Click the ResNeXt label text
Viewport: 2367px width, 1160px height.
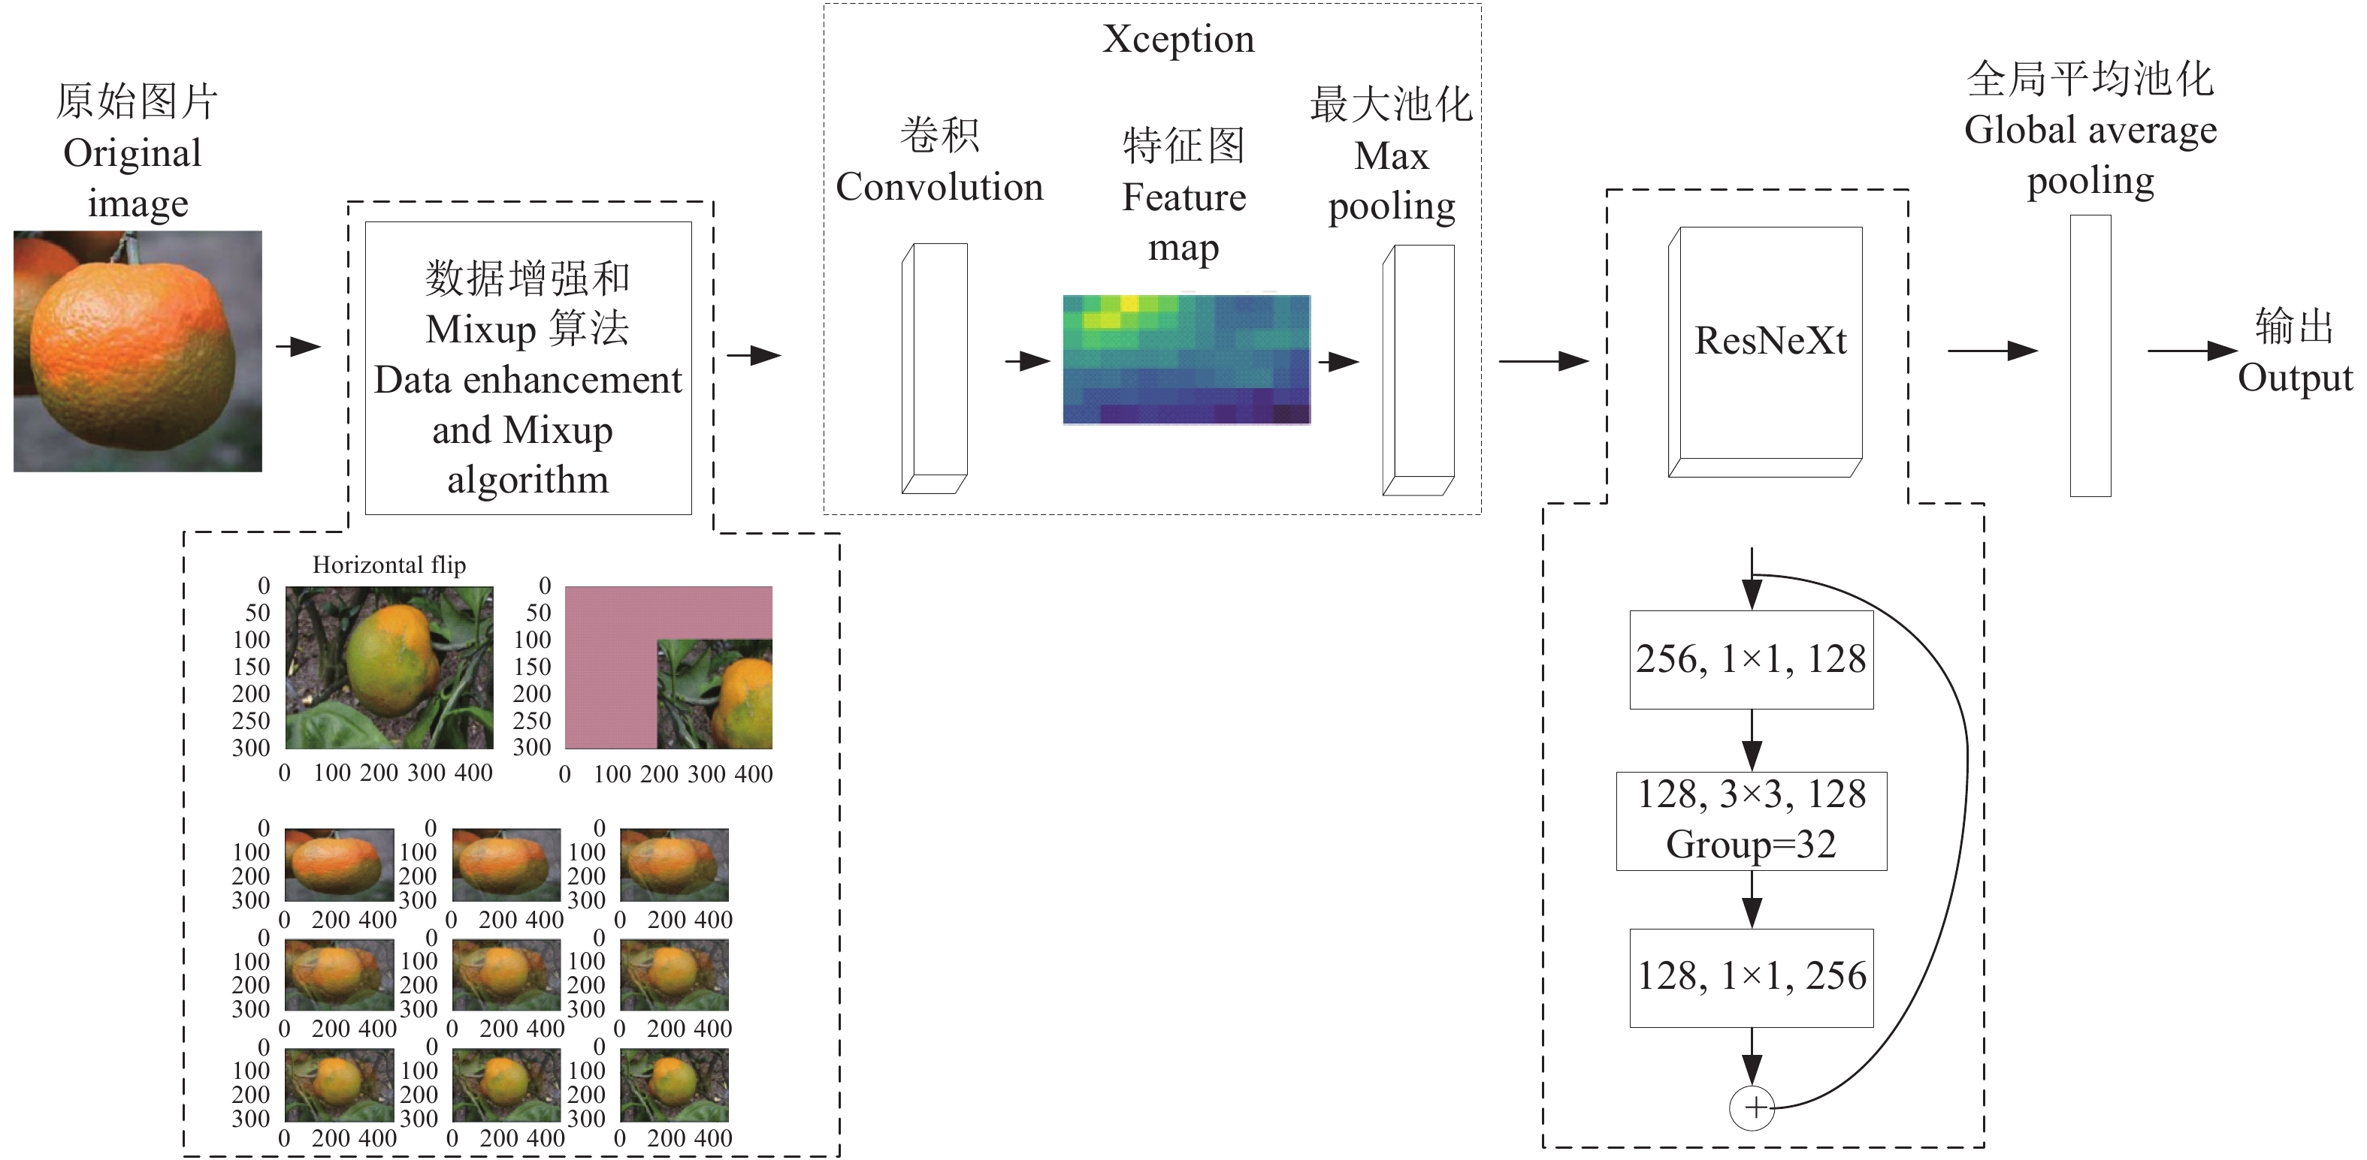1770,341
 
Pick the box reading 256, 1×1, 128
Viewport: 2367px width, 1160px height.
1752,659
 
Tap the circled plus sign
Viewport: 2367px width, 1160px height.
1752,1107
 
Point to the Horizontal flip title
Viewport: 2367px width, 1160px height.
388,565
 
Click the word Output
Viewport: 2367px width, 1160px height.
2294,378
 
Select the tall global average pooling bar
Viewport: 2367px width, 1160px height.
2090,357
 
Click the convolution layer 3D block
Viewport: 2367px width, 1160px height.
936,367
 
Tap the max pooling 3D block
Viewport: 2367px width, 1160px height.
1419,369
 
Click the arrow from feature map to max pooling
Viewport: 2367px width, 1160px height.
1339,362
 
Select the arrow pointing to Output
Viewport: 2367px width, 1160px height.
2191,351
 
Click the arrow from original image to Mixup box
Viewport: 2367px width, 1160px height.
298,347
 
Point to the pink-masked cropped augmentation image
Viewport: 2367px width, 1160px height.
668,667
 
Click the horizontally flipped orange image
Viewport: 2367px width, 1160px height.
388,667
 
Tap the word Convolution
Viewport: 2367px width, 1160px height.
939,188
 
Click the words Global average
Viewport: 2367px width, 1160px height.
2090,131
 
